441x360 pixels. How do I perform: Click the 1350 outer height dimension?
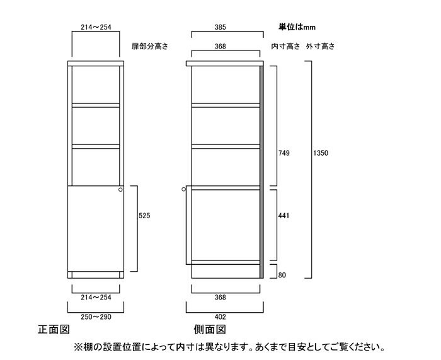point(321,153)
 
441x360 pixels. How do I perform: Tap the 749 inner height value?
point(283,153)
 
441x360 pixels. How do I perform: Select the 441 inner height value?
point(283,216)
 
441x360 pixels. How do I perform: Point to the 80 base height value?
point(282,275)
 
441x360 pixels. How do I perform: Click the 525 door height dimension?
point(144,216)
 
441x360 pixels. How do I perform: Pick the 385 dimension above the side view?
point(220,27)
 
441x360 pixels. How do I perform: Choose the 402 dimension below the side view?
point(220,317)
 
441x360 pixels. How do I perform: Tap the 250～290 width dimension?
point(96,317)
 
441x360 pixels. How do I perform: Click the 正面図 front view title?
point(54,329)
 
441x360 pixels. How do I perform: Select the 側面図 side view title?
point(210,329)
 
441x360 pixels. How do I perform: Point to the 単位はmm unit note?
point(297,27)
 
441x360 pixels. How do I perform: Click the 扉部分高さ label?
point(150,46)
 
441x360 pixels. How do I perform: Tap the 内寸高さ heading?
point(285,46)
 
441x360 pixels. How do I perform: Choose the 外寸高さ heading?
point(320,46)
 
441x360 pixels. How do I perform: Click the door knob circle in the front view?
point(120,189)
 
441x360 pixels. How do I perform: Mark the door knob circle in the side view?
point(184,189)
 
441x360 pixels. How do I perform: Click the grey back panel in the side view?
point(261,172)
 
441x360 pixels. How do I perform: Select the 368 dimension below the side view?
point(220,297)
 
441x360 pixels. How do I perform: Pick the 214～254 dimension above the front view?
point(96,27)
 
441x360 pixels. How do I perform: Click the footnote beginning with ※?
point(229,347)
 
